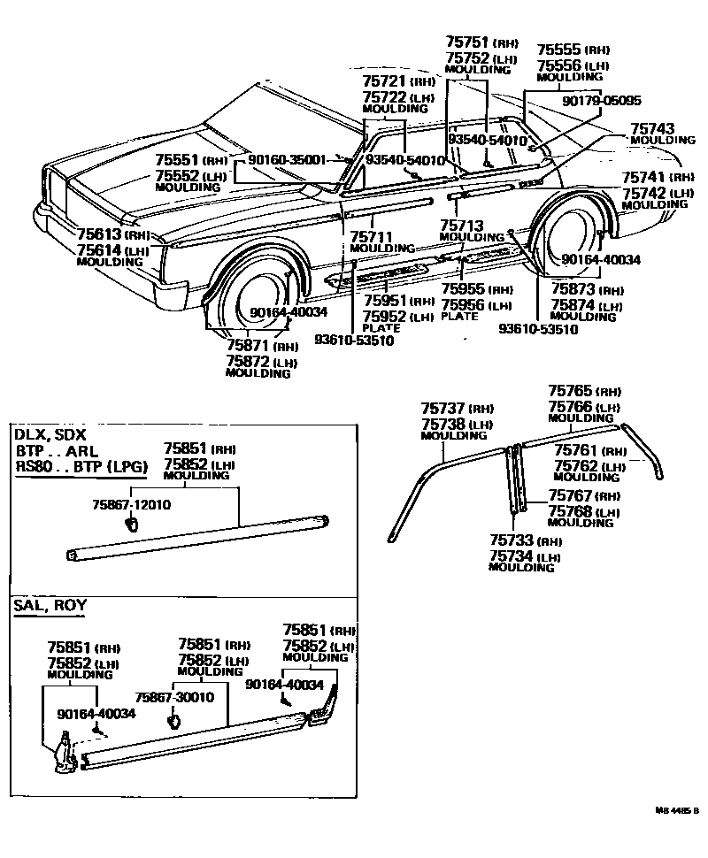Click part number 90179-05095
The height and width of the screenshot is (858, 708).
[x=602, y=101]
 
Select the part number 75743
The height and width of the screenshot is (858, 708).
[x=650, y=128]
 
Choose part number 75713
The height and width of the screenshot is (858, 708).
[x=461, y=226]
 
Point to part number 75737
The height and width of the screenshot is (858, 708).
[x=444, y=408]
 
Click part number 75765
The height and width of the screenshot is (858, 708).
[x=571, y=390]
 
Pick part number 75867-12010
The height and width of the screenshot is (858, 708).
[x=131, y=504]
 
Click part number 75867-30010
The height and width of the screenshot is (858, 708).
[x=174, y=697]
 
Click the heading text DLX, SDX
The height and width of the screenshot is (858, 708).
[x=50, y=434]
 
